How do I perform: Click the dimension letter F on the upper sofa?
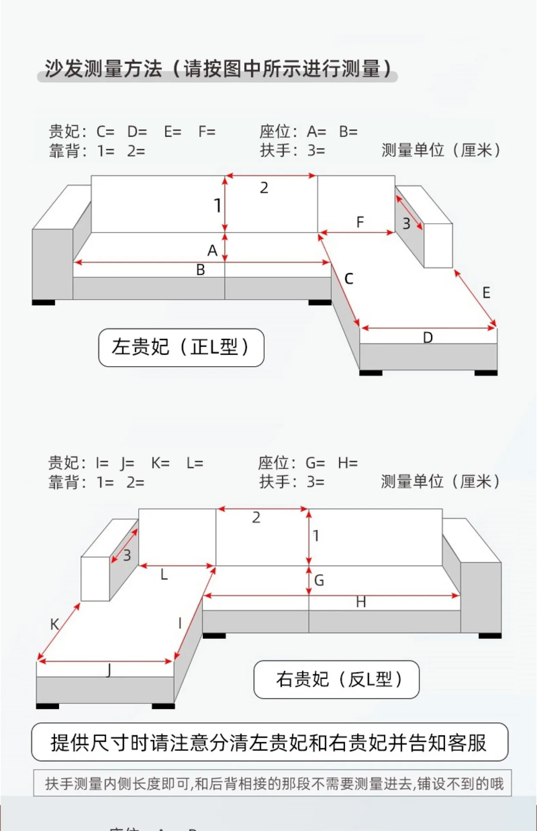tap(360, 222)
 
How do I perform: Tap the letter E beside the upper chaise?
tap(486, 293)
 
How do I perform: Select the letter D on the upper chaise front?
tap(428, 338)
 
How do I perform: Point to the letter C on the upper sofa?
tap(349, 279)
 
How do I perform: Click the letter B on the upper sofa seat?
tap(200, 270)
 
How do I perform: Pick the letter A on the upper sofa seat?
tap(212, 251)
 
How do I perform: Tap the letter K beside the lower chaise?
tap(55, 624)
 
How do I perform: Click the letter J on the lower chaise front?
tap(109, 670)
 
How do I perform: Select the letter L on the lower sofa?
tap(164, 575)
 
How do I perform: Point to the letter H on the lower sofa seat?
tap(361, 602)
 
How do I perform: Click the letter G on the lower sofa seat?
tap(319, 580)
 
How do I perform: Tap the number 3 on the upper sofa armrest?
tap(406, 224)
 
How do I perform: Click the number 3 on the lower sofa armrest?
tap(127, 555)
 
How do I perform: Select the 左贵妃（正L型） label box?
tap(181, 348)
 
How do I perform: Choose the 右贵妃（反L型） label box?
tap(336, 679)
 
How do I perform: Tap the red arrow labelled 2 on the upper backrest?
tap(271, 176)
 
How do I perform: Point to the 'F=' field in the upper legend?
tap(207, 132)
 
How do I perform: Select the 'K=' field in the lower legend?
tap(160, 464)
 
